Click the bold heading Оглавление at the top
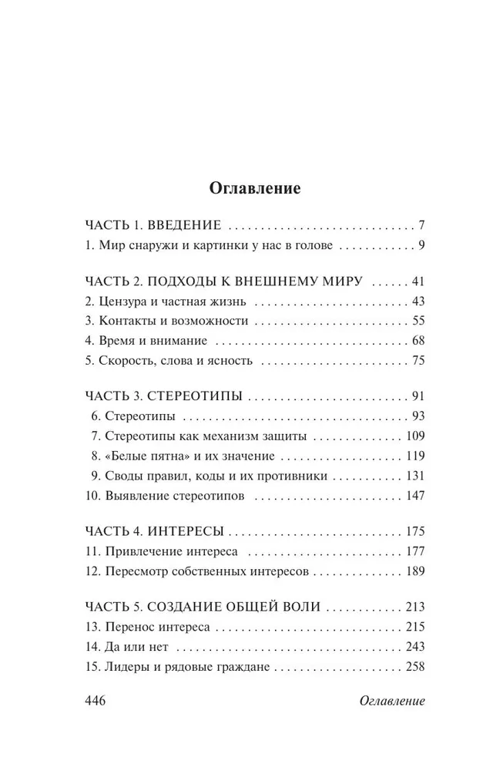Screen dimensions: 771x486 [x=243, y=188]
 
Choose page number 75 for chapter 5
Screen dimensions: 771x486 [x=417, y=360]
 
